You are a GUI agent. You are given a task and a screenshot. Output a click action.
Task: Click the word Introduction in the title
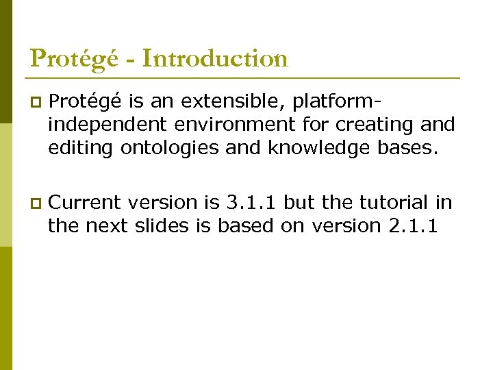(x=216, y=59)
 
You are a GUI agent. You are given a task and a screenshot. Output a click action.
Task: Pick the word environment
(x=223, y=125)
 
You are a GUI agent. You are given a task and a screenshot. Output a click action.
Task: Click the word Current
(x=86, y=203)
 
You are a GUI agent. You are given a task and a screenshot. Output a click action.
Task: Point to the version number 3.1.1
(x=253, y=203)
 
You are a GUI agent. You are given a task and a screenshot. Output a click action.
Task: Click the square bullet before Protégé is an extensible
(x=36, y=103)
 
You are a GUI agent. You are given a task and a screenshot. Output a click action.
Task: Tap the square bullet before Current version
(x=36, y=203)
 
